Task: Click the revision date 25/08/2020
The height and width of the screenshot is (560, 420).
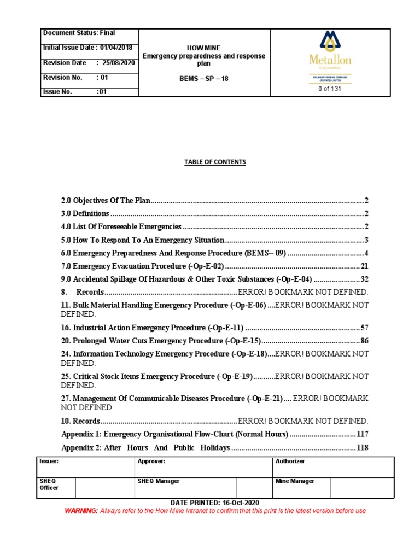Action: [119, 63]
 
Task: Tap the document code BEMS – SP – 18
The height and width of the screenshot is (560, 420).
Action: [203, 79]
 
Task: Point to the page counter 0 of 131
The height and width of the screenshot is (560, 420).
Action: [330, 89]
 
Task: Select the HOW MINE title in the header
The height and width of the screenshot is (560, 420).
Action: [203, 48]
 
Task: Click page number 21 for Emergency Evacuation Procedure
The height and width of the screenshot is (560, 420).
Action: [364, 266]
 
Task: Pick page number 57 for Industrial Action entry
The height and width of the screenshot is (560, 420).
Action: [364, 328]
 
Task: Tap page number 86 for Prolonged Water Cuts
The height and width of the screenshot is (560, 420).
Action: [364, 341]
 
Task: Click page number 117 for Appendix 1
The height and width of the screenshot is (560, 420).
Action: [362, 434]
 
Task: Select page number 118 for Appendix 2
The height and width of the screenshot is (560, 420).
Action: [362, 448]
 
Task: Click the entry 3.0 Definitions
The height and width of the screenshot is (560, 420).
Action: [85, 214]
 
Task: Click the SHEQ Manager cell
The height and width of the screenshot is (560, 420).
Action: [159, 481]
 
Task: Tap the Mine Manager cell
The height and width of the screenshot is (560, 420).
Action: [295, 481]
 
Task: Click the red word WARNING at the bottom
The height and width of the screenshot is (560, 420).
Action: [81, 511]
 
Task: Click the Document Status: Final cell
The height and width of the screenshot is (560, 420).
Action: [79, 33]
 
